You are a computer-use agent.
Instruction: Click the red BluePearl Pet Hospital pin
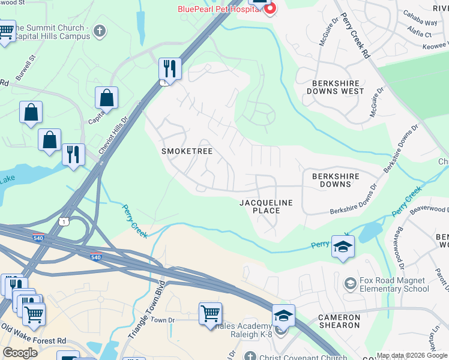point(270,8)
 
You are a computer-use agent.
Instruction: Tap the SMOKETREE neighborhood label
point(187,152)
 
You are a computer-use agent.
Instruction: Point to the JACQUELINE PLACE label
point(266,207)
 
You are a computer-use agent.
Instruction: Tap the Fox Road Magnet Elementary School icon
point(349,283)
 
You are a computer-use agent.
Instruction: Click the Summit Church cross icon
point(100,30)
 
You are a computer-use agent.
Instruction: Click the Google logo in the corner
point(20,353)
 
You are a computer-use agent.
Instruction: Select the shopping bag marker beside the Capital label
point(106,98)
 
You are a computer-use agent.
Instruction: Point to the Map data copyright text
point(412,355)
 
